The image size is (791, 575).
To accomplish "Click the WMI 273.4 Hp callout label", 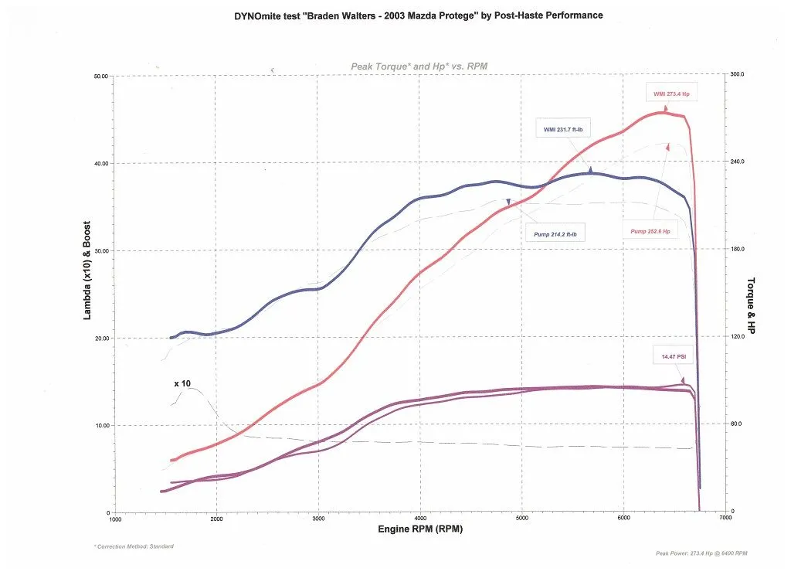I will coord(670,94).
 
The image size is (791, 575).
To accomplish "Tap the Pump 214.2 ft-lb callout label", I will coord(555,234).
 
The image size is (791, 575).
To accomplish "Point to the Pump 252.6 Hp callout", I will coord(650,231).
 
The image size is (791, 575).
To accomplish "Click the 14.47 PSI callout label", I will coord(674,356).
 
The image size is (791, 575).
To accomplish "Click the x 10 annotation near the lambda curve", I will coord(182,383).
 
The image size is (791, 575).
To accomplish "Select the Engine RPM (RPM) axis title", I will coord(420,529).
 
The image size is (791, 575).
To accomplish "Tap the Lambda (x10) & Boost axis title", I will coord(87,270).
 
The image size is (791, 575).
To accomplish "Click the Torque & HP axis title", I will coord(750,306).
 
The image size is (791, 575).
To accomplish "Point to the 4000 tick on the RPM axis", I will coord(420,519).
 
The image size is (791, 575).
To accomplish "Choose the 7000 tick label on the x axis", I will coord(725,519).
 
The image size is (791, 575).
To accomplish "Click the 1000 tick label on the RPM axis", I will coord(115,519).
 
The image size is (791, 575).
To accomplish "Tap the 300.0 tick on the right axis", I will coord(738,74).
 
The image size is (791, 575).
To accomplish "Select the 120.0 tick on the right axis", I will coord(738,336).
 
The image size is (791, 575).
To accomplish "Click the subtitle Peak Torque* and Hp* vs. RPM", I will coord(419,66).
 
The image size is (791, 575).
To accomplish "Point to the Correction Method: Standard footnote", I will coord(133,546).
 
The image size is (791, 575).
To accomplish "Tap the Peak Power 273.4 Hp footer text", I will coord(700,553).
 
